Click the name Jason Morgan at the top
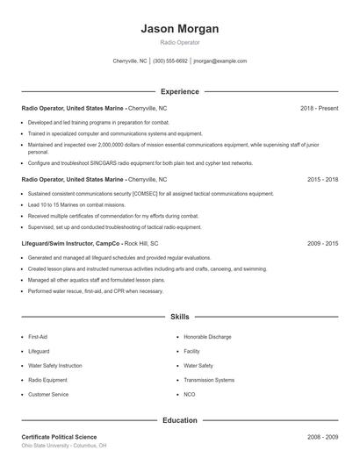pos(179,29)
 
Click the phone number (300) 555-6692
pos(170,61)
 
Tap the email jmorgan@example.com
pos(220,61)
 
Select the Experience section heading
pos(179,91)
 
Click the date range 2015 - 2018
pos(322,178)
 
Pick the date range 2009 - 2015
pos(322,242)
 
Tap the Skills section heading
pos(179,316)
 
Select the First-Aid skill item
pos(38,337)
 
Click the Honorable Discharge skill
pos(208,337)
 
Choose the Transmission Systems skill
pos(209,380)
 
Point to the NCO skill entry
pos(191,395)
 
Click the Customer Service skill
pos(48,395)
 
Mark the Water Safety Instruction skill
pos(54,366)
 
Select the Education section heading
pos(179,420)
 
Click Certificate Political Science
pos(59,436)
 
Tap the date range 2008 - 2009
pos(322,436)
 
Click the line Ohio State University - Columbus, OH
pos(64,446)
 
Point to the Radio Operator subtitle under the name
pos(179,42)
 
